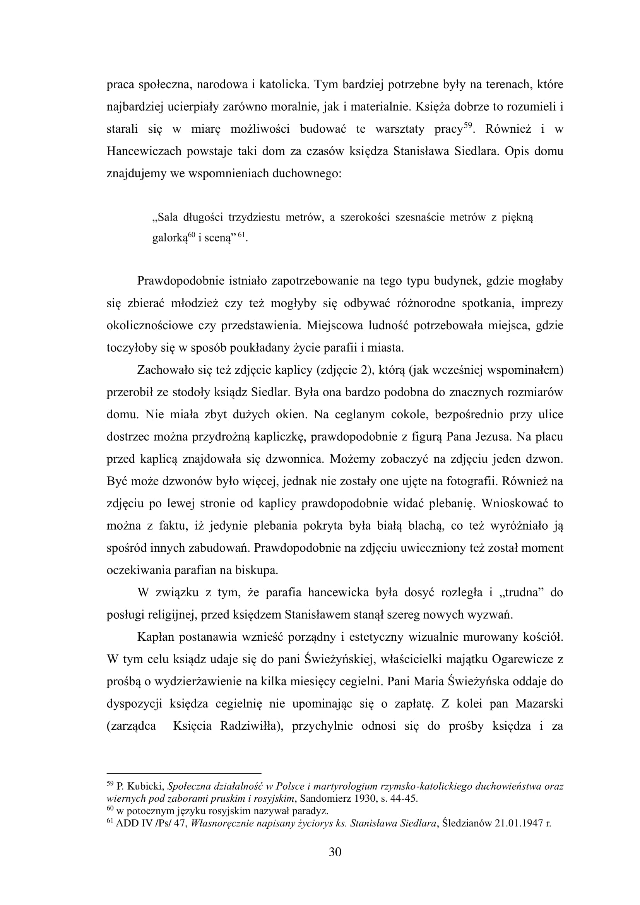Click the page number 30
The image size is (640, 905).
point(335,852)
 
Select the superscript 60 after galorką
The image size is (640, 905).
point(192,235)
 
